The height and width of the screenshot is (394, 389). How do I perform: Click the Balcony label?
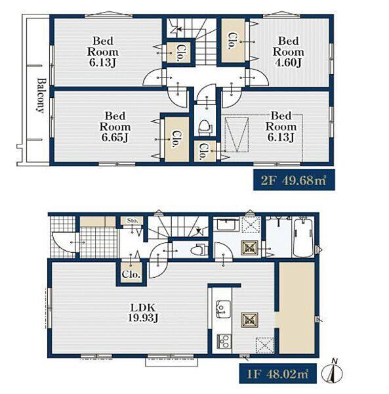41,96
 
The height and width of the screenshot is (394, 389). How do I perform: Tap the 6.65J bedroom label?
115,127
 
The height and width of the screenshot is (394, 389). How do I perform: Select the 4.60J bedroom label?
289,52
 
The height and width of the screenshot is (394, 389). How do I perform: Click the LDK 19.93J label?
143,313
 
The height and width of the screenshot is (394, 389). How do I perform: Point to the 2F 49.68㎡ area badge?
294,180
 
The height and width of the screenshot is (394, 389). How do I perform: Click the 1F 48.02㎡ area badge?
278,374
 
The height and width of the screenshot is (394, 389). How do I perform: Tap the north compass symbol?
333,372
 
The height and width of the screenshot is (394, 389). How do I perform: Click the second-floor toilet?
205,127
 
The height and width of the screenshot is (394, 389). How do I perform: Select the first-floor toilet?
199,250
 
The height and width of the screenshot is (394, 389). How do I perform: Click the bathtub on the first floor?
303,237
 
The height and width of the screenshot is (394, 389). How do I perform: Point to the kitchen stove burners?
223,341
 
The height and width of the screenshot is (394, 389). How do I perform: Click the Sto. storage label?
133,221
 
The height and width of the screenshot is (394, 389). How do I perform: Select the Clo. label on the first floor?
131,274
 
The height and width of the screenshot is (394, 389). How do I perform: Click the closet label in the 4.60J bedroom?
232,41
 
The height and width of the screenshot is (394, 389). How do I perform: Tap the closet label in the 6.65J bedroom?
176,139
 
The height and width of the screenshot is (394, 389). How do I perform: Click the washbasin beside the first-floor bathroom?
228,225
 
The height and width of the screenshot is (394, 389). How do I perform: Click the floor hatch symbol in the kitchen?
250,320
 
